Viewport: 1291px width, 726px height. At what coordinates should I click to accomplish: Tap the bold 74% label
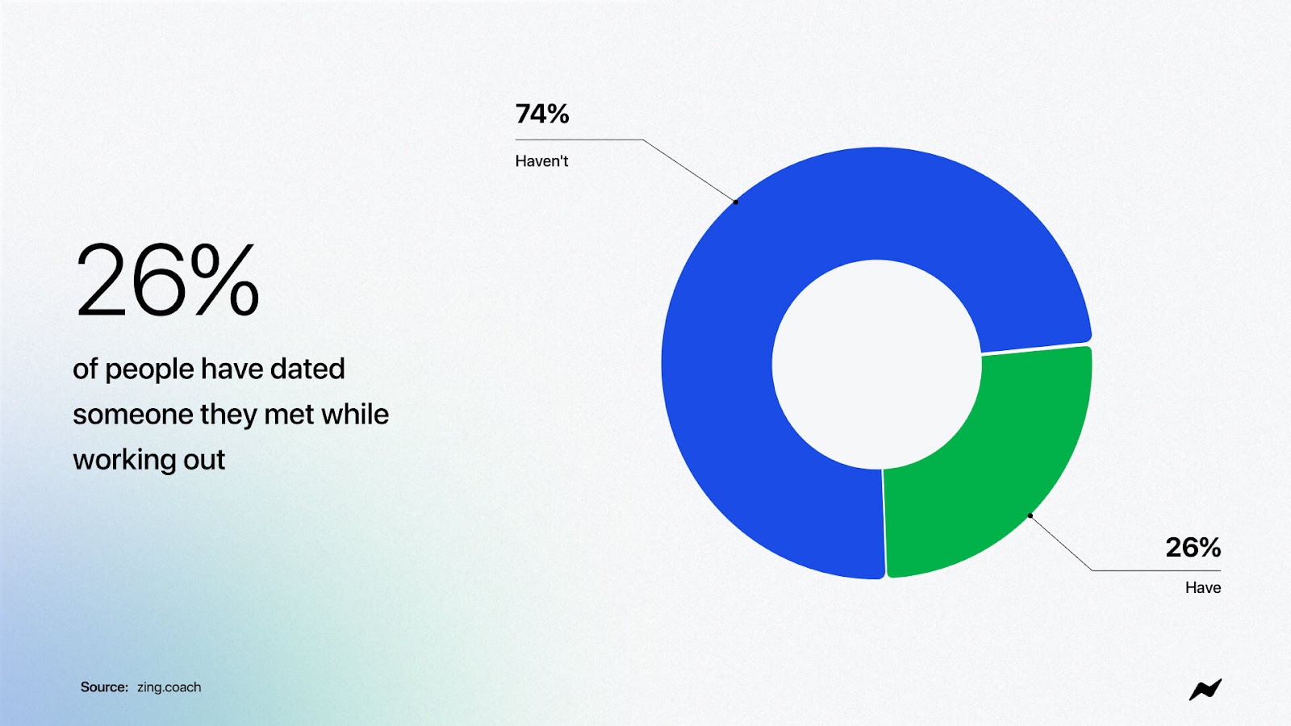541,114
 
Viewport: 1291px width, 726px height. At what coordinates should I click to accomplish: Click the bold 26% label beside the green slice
1193,548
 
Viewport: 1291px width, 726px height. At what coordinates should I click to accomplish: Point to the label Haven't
541,161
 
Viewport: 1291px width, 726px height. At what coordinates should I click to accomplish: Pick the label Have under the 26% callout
1203,588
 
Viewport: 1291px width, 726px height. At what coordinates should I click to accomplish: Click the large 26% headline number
167,281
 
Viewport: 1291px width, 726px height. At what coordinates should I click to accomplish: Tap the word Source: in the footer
104,686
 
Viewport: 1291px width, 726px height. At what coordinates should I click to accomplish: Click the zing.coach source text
169,687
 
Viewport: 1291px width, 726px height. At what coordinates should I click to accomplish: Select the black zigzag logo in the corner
1205,690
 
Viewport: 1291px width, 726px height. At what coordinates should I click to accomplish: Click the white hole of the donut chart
876,364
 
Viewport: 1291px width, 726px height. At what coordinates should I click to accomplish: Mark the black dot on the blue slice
735,202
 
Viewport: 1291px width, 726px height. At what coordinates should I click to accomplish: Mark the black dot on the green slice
1030,515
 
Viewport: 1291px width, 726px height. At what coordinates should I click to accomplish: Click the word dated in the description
307,369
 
